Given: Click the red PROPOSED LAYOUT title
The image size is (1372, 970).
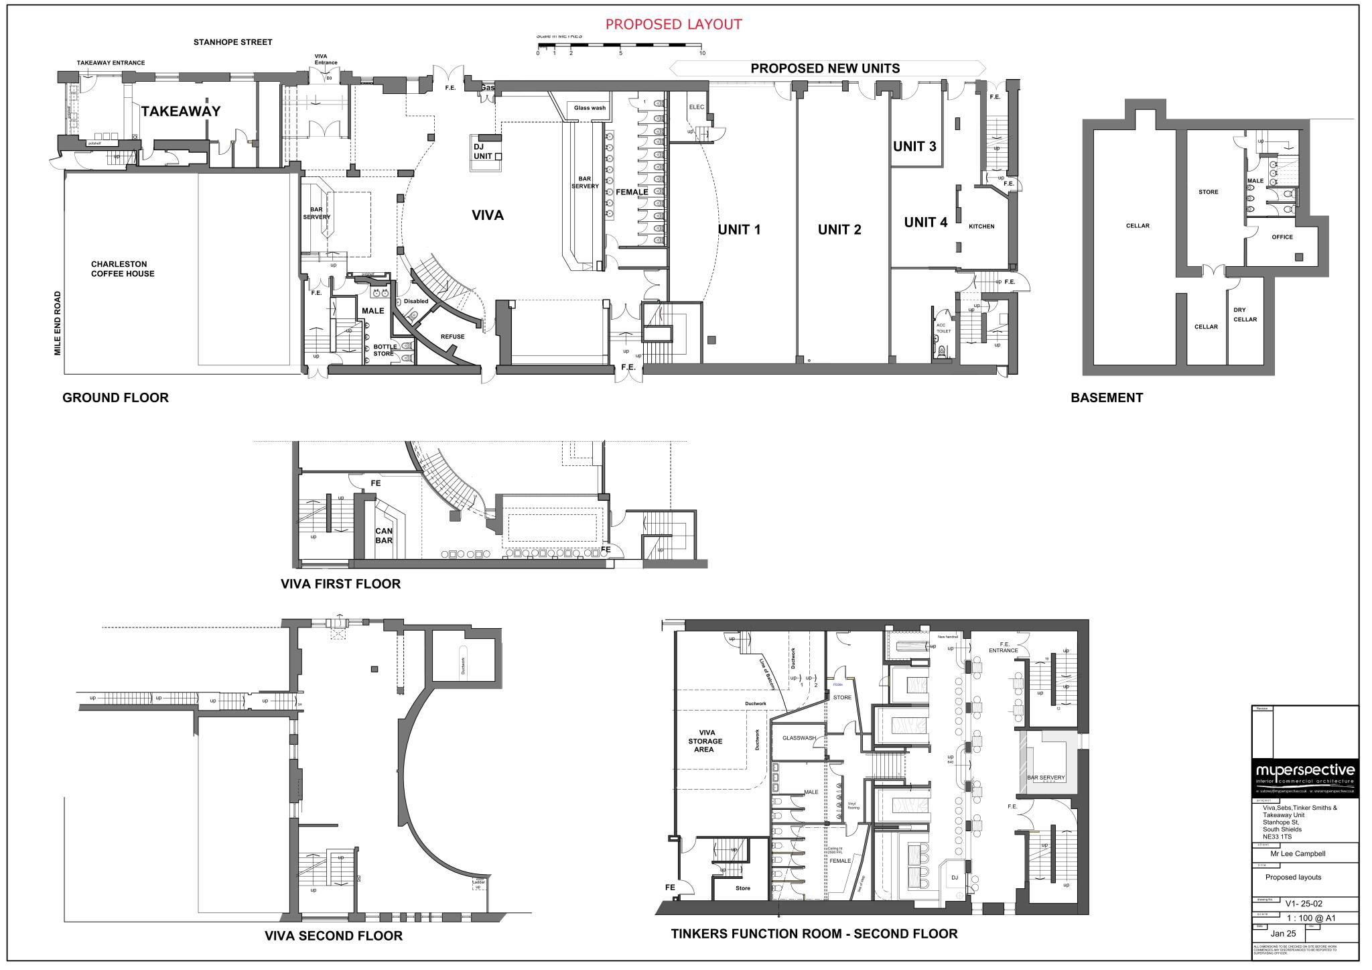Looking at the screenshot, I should coord(673,25).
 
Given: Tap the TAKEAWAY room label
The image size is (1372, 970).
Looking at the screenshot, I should coord(180,111).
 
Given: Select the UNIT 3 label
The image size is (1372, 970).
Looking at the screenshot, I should coord(914,146).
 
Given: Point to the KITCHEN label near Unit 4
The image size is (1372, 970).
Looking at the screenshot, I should coord(981,227).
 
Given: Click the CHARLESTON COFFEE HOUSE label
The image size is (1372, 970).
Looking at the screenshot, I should coord(123,269).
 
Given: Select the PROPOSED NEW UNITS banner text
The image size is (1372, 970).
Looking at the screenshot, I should coord(825,68).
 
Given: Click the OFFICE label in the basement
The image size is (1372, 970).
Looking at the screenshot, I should coord(1282,237).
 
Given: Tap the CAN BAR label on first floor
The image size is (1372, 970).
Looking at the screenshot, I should coord(383,535).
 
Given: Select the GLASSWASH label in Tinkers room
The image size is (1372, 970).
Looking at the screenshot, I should coord(799,738).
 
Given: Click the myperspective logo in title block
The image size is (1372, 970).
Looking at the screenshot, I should coord(1304,771).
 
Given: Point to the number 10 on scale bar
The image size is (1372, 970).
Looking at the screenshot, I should coord(701,53).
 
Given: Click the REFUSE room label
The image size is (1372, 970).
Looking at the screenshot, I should coord(452,337).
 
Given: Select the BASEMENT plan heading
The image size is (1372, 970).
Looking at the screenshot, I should coord(1106,398).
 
